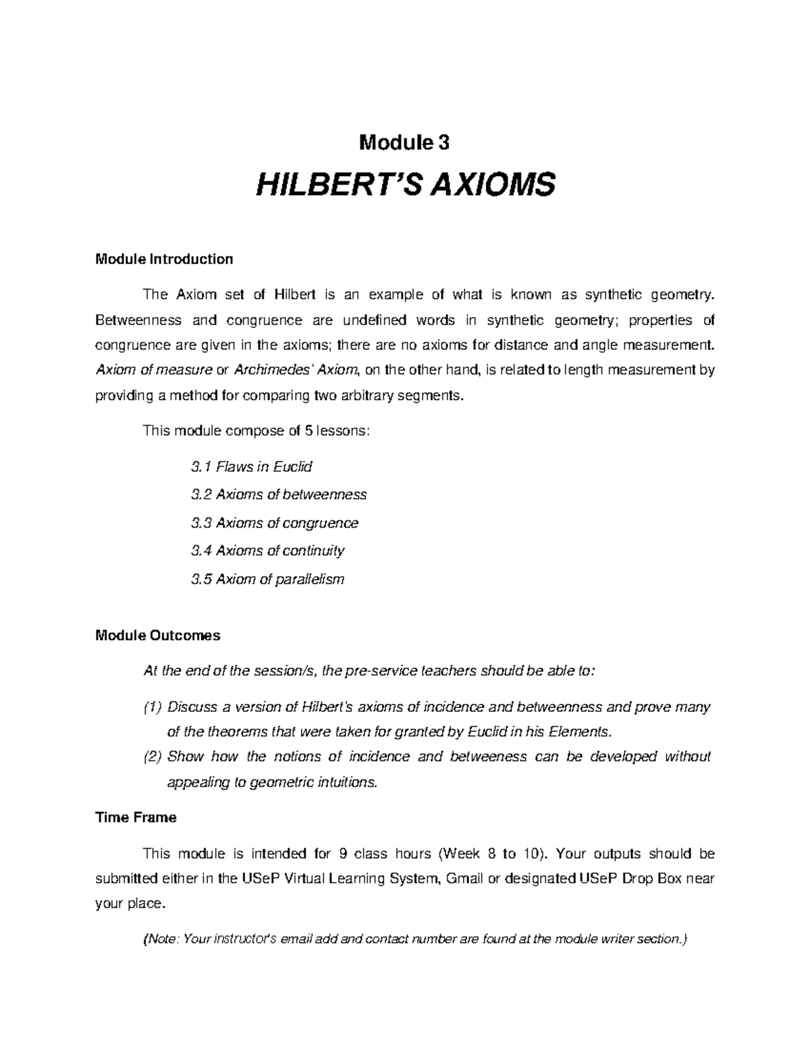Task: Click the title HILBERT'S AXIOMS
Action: pyautogui.click(x=404, y=184)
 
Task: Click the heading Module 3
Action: pyautogui.click(x=404, y=142)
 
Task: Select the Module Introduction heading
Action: pyautogui.click(x=164, y=259)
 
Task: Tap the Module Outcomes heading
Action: pyautogui.click(x=158, y=636)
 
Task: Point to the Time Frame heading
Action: pyautogui.click(x=136, y=817)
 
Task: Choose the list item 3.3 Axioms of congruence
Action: pyautogui.click(x=275, y=523)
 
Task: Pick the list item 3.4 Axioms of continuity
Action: pyautogui.click(x=268, y=551)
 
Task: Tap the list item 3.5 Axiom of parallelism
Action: pyautogui.click(x=268, y=579)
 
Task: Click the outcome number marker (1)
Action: pyautogui.click(x=153, y=707)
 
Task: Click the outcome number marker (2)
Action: pyautogui.click(x=153, y=756)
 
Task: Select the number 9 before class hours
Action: pyautogui.click(x=344, y=854)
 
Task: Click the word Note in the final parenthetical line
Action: pyautogui.click(x=161, y=939)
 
